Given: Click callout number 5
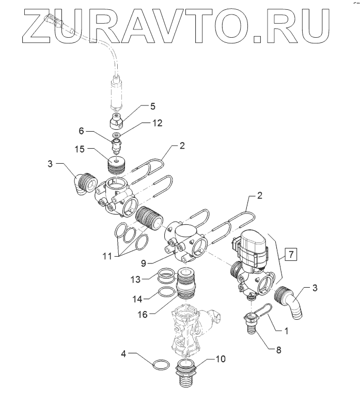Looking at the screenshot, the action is (152, 106).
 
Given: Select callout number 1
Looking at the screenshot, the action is (284, 327).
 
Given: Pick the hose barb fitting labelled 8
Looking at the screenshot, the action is (253, 326).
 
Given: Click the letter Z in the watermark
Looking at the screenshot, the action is (38, 24).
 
